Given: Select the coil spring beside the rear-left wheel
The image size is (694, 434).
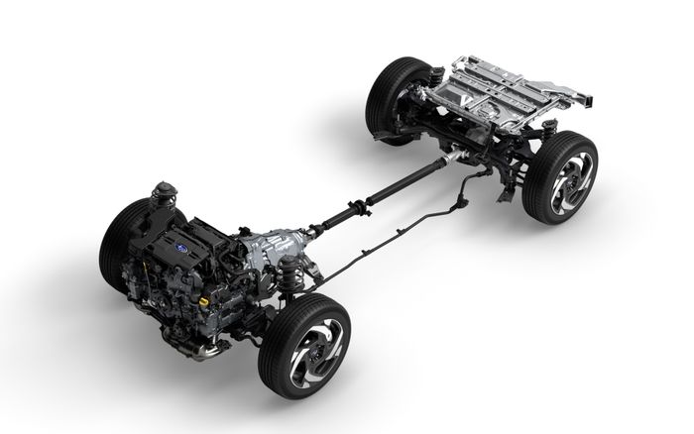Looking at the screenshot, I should click(x=434, y=78).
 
